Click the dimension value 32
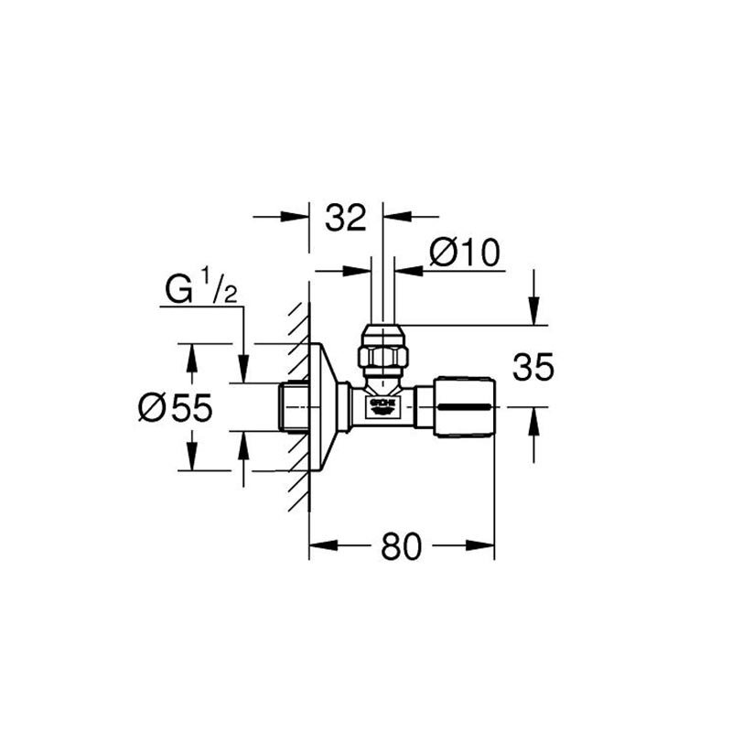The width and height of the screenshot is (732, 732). pos(346,218)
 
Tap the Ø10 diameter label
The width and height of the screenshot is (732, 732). pos(465,253)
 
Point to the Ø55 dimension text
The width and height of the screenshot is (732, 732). pos(176,407)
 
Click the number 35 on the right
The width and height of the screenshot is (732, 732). pos(533,367)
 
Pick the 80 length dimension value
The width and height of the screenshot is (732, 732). pos(402,546)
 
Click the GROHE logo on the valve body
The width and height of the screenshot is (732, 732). pos(382,405)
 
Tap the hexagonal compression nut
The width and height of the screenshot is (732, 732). pos(382,356)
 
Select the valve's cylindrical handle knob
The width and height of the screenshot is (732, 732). pos(464,406)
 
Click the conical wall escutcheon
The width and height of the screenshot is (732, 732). pos(326,407)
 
